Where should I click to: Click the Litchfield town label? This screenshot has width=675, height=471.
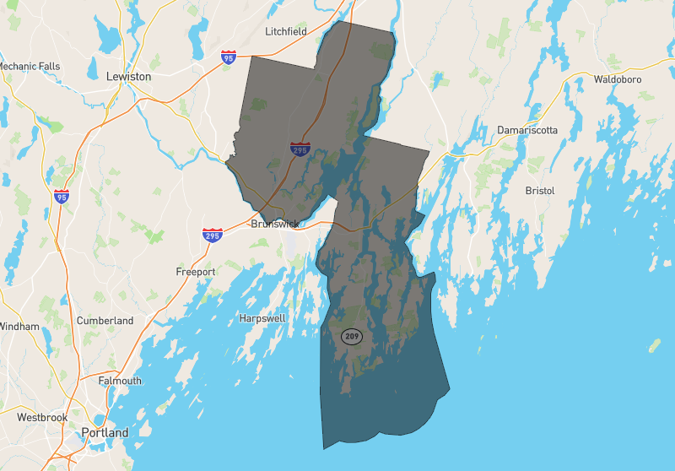[x=286, y=31]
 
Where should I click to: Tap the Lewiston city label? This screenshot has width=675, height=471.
[x=129, y=76]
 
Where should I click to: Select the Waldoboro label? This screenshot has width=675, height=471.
[x=618, y=79]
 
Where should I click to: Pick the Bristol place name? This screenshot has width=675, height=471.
[x=540, y=191]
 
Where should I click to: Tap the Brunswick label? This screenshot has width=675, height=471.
[x=276, y=225]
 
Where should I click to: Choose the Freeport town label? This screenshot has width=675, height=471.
[x=196, y=272]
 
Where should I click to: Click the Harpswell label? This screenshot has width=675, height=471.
[x=262, y=318]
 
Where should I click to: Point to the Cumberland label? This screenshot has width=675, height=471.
[x=105, y=321]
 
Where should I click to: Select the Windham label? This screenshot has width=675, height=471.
[x=19, y=326]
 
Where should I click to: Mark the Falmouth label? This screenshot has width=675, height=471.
[x=120, y=381]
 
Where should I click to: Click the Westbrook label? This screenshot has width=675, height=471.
[x=42, y=417]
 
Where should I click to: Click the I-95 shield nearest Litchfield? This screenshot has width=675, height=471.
[x=229, y=57]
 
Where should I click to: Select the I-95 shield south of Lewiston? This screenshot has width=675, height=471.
[x=61, y=198]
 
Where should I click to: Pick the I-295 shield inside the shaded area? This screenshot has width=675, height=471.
[x=300, y=149]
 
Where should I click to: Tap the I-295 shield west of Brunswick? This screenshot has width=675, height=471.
[x=213, y=235]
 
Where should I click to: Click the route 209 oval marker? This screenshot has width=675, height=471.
[x=352, y=336]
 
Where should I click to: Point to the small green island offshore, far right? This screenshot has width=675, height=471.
[x=654, y=345]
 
